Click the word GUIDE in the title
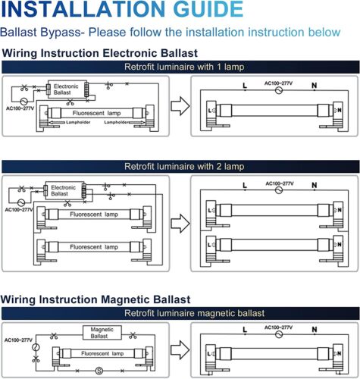point(208,9)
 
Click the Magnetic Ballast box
point(102,333)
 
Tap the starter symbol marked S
point(99,371)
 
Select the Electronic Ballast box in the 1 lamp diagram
point(67,89)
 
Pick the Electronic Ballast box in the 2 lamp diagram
point(64,190)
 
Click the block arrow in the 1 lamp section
point(180,106)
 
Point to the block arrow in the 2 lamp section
point(180,224)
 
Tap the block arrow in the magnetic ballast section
point(180,350)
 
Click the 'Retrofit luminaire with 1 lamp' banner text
point(184,67)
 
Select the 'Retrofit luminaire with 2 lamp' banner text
point(184,167)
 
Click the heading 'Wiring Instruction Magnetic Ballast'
point(95,299)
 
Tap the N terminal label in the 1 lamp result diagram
point(315,86)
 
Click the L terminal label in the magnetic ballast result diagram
point(245,330)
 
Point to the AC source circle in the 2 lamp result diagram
point(279,190)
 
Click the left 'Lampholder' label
point(78,122)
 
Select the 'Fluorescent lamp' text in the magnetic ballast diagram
point(102,353)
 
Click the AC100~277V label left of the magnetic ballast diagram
point(18,340)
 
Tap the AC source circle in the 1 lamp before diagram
point(23,102)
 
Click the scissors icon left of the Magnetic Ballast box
point(54,336)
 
